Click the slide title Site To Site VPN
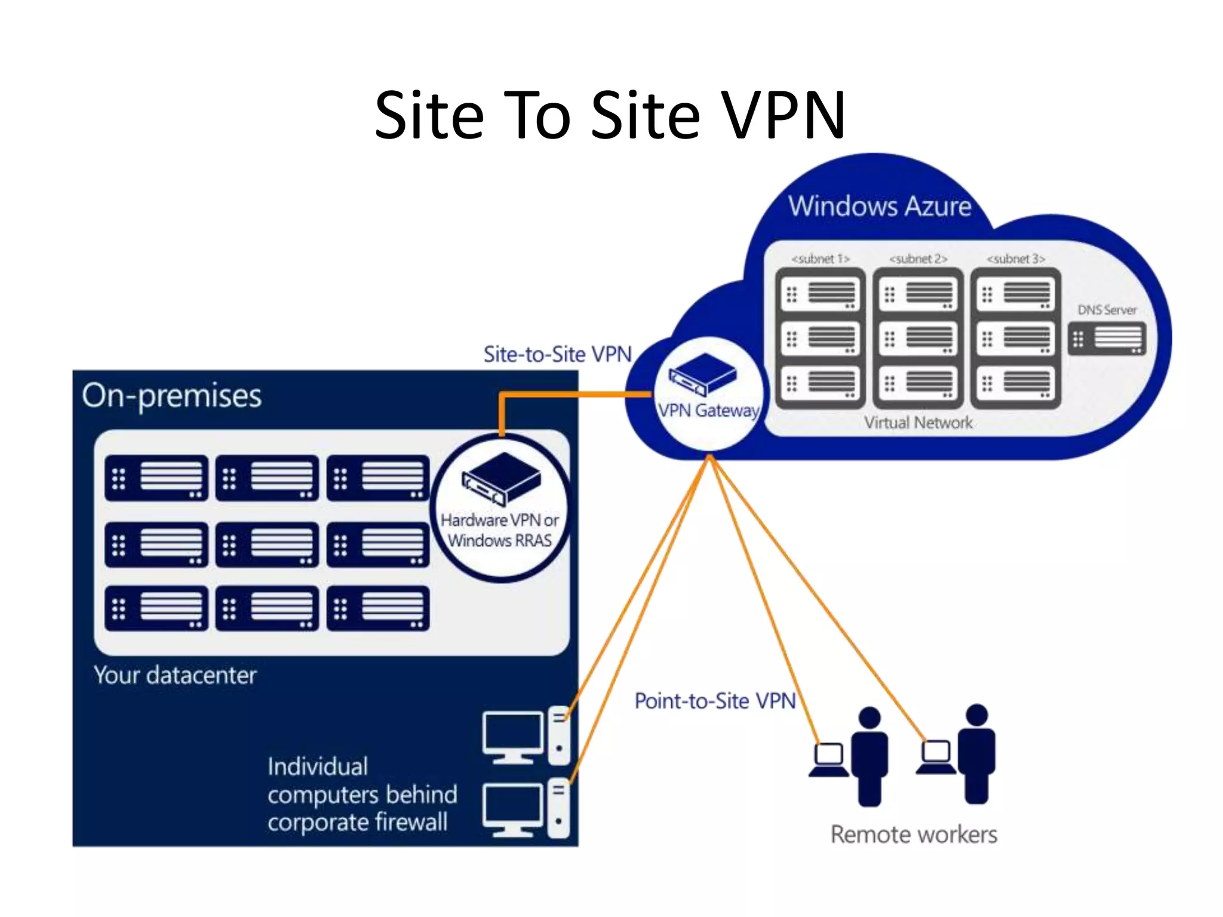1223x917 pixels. pyautogui.click(x=610, y=115)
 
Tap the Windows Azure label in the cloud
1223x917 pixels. pyautogui.click(x=879, y=206)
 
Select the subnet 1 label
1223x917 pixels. pyautogui.click(x=820, y=259)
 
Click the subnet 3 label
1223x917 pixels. pyautogui.click(x=1015, y=259)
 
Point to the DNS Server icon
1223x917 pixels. pyautogui.click(x=1107, y=339)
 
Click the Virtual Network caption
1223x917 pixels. pyautogui.click(x=918, y=423)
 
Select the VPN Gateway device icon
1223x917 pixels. pyautogui.click(x=702, y=374)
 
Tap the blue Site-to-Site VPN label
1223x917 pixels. pyautogui.click(x=557, y=355)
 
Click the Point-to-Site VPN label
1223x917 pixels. pyautogui.click(x=715, y=701)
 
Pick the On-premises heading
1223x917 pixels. pyautogui.click(x=172, y=396)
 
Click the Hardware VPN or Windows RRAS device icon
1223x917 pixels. pyautogui.click(x=501, y=478)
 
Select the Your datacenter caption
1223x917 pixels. pyautogui.click(x=175, y=675)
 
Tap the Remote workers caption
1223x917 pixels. pyautogui.click(x=914, y=835)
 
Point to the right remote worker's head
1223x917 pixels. pyautogui.click(x=976, y=715)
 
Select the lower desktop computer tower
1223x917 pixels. pyautogui.click(x=558, y=807)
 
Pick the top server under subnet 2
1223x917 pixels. pyautogui.click(x=918, y=294)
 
